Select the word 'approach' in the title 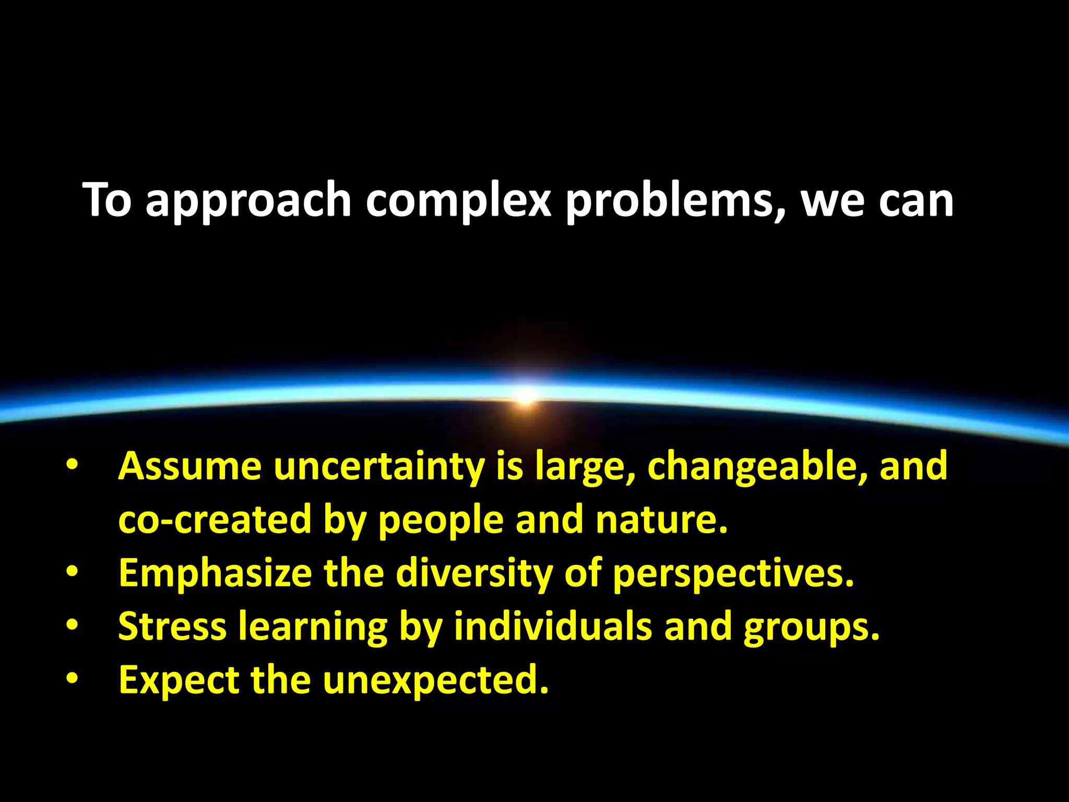(x=248, y=201)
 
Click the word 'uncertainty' (x=379, y=466)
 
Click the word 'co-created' (x=215, y=520)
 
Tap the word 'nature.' (x=662, y=520)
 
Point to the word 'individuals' (x=552, y=627)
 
